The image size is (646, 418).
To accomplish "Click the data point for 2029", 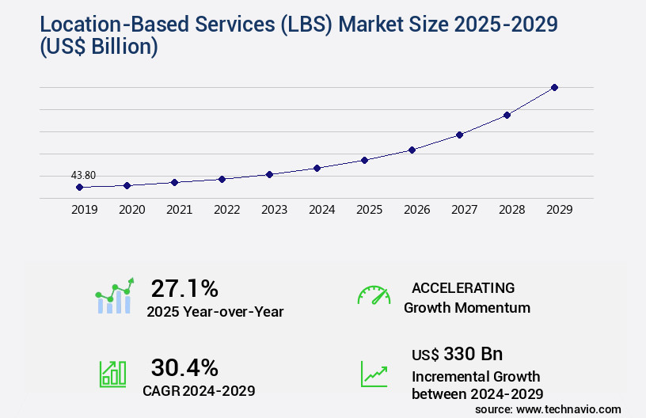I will [554, 87].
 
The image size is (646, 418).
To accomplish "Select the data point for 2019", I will [79, 187].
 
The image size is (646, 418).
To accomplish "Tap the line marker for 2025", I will [364, 160].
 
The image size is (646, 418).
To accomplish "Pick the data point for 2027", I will [459, 135].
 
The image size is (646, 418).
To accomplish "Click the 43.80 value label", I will [83, 175].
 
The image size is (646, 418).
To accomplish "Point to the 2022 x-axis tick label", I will [226, 210].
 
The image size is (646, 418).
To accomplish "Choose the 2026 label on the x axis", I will [416, 210].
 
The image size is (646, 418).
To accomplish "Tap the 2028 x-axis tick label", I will [511, 210].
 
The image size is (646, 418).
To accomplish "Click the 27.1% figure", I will [184, 287].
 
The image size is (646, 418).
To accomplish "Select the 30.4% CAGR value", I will [184, 367].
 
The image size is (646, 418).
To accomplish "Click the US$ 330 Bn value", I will [457, 354].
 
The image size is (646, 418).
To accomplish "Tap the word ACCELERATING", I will [463, 288].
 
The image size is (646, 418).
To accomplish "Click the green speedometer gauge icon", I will [374, 295].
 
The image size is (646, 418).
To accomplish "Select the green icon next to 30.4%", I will [112, 374].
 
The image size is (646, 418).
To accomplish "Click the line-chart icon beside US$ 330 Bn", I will [374, 374].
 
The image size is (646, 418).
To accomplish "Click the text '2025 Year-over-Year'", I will [215, 312].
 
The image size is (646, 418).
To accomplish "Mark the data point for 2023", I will [269, 174].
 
